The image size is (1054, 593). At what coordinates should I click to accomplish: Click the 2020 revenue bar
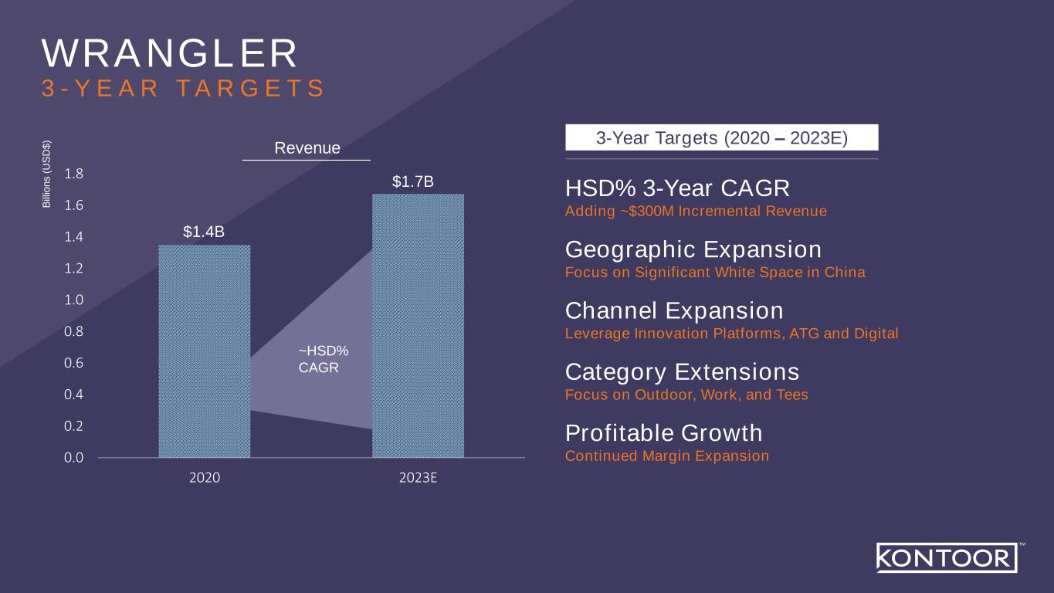point(204,351)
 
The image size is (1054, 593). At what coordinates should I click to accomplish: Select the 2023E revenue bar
point(418,326)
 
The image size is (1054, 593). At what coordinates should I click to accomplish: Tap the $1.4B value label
point(204,232)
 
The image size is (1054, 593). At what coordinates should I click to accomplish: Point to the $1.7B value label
point(412,181)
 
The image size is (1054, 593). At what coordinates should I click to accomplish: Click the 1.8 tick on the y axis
point(73,174)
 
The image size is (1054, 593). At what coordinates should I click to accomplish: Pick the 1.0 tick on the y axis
point(73,300)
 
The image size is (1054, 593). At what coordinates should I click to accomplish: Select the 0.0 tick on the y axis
point(73,457)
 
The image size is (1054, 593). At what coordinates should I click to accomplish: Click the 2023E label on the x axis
point(418,478)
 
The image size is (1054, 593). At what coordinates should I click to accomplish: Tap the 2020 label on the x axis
point(204,478)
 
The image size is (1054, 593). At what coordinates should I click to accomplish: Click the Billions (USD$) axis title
point(46,175)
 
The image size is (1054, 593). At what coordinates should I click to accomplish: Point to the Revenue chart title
point(307,147)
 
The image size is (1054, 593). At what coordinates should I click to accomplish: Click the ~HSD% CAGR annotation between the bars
point(324,359)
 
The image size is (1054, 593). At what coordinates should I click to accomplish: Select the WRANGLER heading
point(169,53)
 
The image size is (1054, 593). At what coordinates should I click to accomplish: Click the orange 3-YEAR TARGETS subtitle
point(182,88)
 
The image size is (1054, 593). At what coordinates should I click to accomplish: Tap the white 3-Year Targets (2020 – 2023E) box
point(722,137)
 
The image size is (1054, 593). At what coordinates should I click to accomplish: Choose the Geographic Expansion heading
point(693,249)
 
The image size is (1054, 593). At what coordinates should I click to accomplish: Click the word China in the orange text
point(845,272)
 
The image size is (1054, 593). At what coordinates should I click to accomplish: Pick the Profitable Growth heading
point(663,433)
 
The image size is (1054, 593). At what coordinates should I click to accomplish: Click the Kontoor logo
point(947,557)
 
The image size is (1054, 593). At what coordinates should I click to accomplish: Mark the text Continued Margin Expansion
point(667,456)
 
